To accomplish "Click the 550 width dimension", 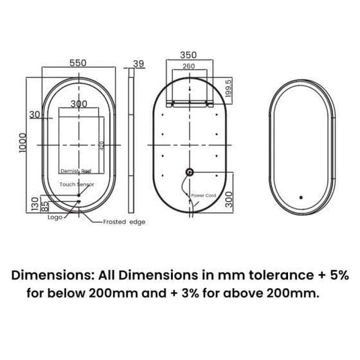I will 79,62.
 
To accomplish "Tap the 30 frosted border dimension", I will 34,114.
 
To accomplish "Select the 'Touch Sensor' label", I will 77,184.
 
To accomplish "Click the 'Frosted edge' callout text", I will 124,221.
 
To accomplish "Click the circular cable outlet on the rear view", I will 190,172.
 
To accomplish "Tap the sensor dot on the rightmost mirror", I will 300,199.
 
